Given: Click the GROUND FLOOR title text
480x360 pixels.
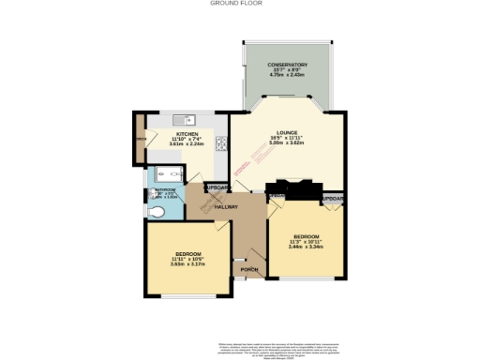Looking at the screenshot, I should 240,4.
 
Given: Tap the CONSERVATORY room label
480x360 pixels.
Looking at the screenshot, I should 287,65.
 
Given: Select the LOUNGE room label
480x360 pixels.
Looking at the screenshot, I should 287,133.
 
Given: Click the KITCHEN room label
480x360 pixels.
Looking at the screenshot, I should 187,134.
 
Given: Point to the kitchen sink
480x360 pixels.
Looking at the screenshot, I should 181,119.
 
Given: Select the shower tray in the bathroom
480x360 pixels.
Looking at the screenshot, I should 171,172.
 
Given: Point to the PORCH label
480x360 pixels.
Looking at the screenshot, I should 249,270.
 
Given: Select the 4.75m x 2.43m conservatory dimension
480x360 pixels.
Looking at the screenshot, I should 287,76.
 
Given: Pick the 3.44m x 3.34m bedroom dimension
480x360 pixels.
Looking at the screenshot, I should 307,246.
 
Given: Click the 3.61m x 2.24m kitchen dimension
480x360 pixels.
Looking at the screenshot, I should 187,145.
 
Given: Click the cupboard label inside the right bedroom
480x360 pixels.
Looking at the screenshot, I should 332,200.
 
